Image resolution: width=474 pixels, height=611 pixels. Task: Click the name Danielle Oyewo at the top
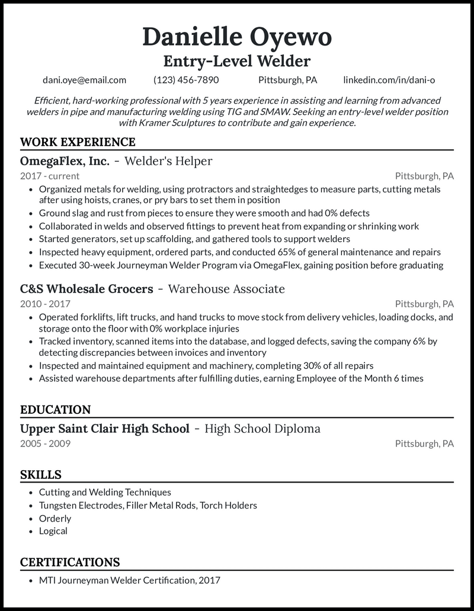[237, 37]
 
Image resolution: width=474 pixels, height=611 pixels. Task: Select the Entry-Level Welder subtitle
[237, 61]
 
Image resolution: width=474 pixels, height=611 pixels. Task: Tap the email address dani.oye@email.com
[84, 80]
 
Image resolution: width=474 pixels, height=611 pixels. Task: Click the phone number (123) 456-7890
[186, 80]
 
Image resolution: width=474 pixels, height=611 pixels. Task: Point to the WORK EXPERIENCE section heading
[78, 142]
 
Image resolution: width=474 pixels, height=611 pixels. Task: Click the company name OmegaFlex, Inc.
[65, 161]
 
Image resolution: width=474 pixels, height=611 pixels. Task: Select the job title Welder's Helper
[168, 161]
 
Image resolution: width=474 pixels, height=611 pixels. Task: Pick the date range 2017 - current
[50, 176]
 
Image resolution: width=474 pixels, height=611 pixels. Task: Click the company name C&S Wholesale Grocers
[87, 289]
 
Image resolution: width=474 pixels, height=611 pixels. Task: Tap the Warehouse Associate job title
[226, 289]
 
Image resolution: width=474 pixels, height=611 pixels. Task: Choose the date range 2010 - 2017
[45, 304]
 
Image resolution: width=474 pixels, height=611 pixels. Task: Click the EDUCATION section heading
[55, 410]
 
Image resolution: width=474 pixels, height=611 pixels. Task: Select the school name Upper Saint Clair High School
[105, 429]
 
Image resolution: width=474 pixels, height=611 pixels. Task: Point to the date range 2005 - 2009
[45, 443]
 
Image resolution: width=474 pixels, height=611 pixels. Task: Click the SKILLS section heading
[40, 475]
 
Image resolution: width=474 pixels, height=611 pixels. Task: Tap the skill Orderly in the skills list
[55, 518]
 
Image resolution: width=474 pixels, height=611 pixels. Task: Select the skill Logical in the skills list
[53, 531]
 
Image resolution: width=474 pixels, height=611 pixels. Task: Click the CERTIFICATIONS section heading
[70, 562]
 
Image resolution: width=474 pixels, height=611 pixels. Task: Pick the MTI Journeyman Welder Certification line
[129, 580]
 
